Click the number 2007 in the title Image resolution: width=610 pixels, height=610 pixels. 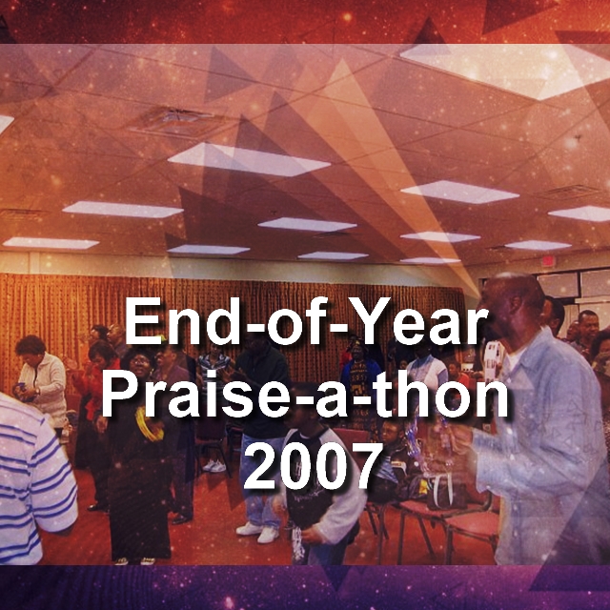pos(313,466)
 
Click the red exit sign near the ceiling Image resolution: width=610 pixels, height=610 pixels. pos(548,260)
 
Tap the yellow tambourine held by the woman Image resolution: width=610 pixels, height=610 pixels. pos(149,425)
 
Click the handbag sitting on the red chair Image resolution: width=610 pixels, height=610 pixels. pos(444,491)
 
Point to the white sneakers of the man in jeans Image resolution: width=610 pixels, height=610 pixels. pos(258,532)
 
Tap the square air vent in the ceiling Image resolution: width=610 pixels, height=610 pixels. pos(177,121)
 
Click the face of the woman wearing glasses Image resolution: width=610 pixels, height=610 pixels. pos(140,364)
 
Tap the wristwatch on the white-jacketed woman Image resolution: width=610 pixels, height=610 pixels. pos(36,390)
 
